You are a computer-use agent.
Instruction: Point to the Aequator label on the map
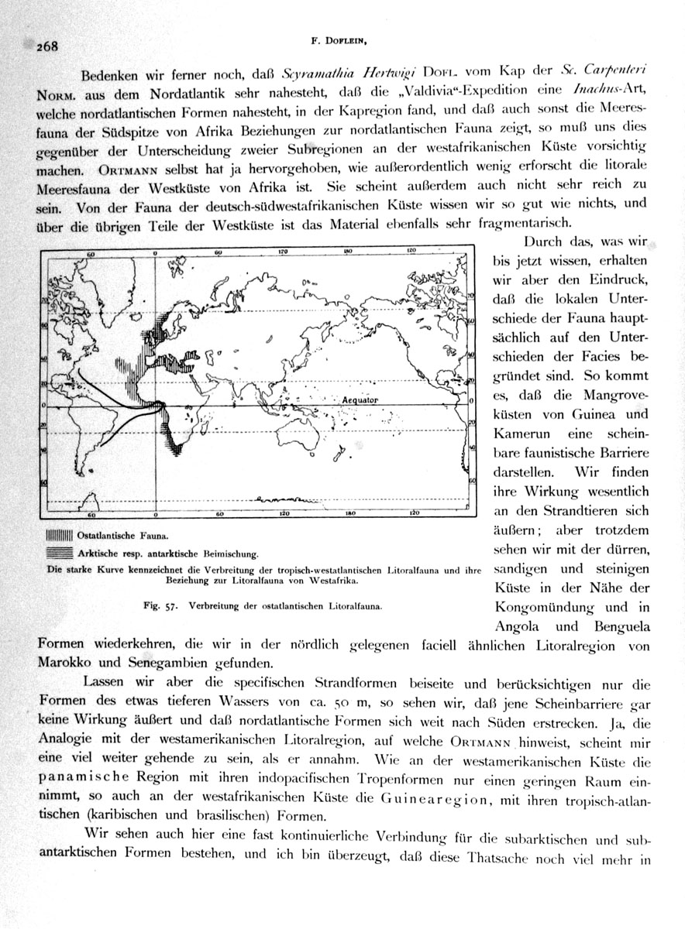361,399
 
